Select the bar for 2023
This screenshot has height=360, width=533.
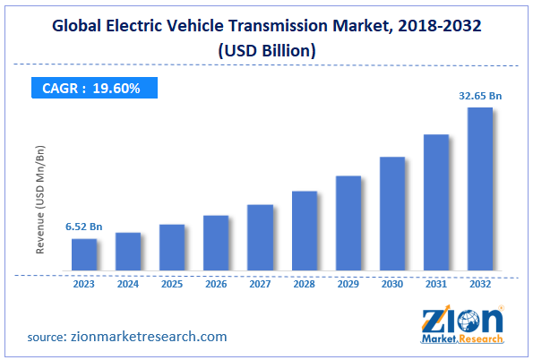[84, 254]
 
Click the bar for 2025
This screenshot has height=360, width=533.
[172, 247]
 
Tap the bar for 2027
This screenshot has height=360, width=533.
[260, 237]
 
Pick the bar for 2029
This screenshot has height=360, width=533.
[348, 223]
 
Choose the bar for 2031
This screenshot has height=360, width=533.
[436, 202]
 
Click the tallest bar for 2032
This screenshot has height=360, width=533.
[480, 189]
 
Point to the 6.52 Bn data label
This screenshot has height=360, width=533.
[83, 227]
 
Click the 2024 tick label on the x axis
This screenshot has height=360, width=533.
[128, 285]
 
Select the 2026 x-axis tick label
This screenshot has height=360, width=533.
[216, 285]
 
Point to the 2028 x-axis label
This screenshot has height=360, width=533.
[305, 285]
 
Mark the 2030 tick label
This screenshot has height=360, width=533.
[392, 285]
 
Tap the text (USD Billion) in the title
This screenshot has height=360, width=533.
[266, 51]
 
